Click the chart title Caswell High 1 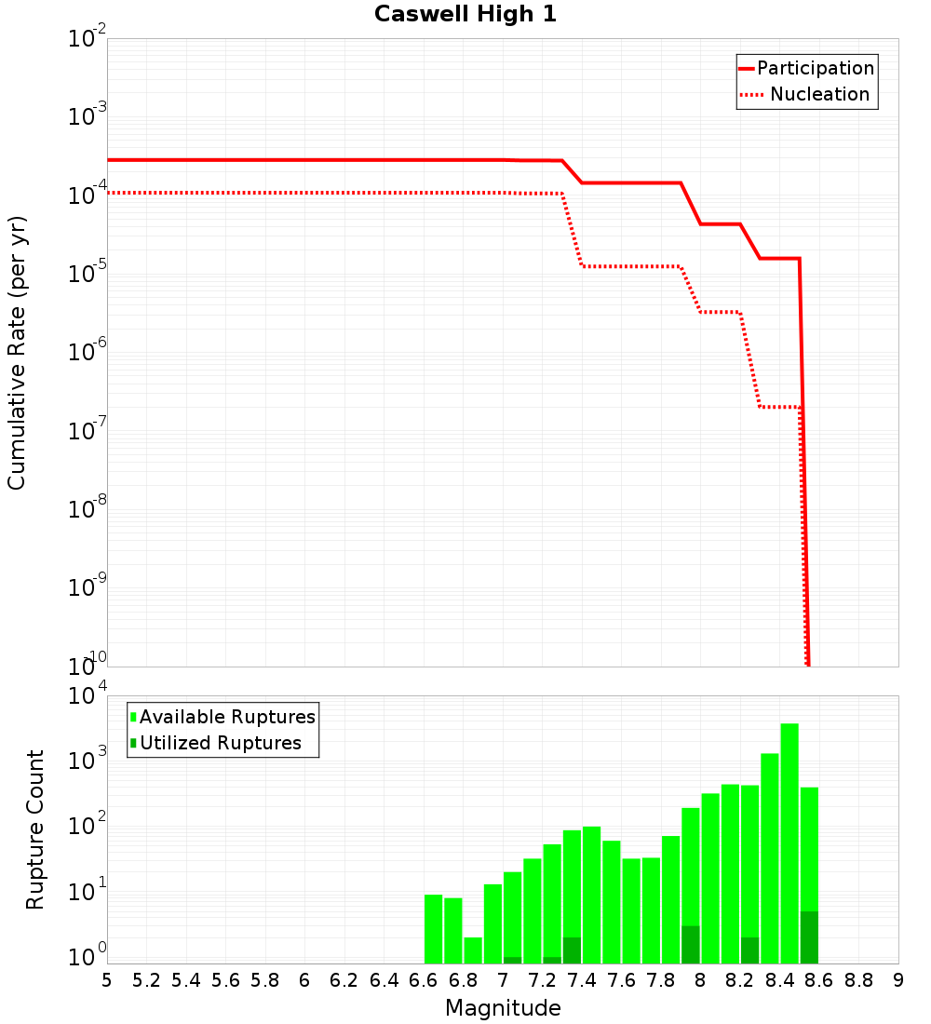[x=465, y=15]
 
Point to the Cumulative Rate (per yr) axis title [x=17, y=353]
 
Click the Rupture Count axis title [x=35, y=829]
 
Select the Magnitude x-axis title [x=503, y=1007]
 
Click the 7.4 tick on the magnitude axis [x=582, y=980]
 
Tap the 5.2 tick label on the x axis [x=147, y=980]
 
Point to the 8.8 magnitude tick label [x=858, y=980]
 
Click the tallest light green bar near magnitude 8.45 [x=789, y=842]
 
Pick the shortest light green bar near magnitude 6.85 [x=473, y=950]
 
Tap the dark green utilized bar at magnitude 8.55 [x=809, y=937]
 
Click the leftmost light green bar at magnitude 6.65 [x=433, y=928]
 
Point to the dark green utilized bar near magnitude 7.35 [x=572, y=950]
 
